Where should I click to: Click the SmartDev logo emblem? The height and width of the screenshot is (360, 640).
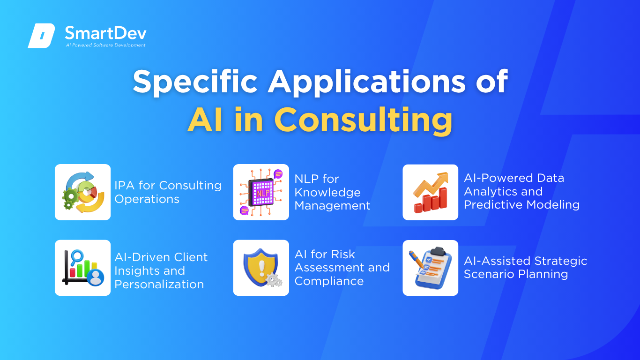tap(41, 36)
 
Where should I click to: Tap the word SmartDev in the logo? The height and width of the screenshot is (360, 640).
tap(106, 33)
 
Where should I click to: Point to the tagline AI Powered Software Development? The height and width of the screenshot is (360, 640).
tap(106, 45)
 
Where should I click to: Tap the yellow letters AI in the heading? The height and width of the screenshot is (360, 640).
tap(205, 120)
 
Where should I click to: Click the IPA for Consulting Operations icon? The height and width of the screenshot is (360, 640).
tap(83, 192)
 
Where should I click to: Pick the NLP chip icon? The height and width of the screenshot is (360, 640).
tap(261, 192)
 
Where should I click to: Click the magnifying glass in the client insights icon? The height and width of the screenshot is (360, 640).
tap(76, 257)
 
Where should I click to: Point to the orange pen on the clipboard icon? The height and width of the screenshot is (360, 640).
tap(417, 259)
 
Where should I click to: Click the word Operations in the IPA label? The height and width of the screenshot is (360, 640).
tap(147, 199)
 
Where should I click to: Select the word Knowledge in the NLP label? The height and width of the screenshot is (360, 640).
tap(327, 193)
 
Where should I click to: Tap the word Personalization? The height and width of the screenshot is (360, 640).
tap(159, 285)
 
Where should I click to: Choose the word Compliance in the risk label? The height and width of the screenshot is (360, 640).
tap(329, 281)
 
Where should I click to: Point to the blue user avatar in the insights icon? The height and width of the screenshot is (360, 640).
tap(96, 277)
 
